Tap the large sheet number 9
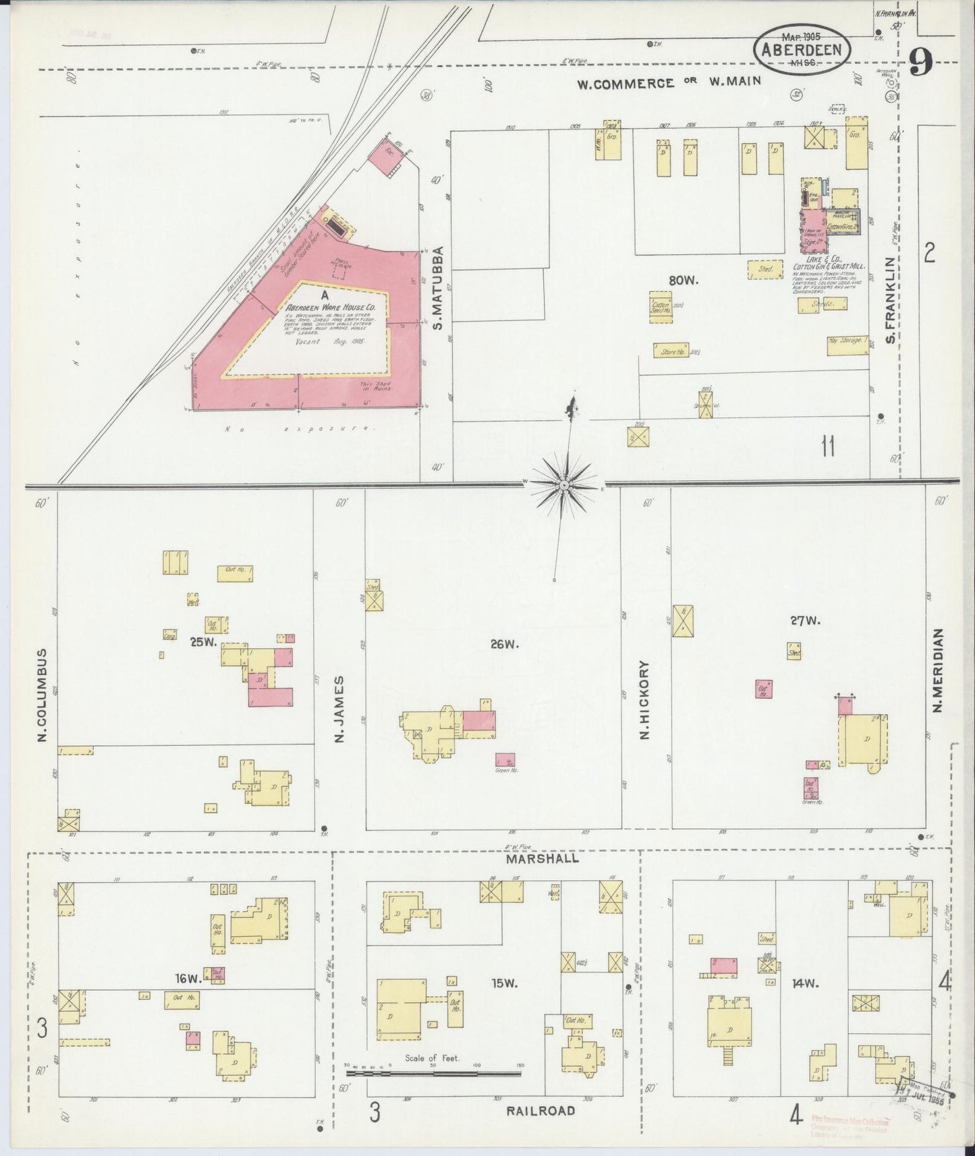(921, 63)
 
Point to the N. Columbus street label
(43, 695)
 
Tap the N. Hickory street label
(644, 700)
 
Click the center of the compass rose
(565, 484)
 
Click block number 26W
(504, 644)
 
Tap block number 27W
(806, 620)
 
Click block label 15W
(504, 983)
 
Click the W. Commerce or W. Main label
(669, 82)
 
